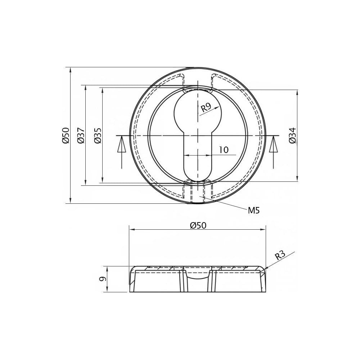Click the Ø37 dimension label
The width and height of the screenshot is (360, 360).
(81, 135)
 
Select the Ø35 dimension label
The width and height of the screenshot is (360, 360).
(98, 135)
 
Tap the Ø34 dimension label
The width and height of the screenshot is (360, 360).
(293, 135)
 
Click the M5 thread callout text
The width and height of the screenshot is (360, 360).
(254, 210)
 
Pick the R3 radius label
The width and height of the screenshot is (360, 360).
(280, 255)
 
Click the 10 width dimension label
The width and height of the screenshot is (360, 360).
(224, 150)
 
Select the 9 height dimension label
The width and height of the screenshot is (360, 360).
(103, 279)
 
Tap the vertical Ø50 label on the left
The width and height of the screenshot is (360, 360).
(66, 135)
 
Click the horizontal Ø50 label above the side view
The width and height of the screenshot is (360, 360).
(198, 225)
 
